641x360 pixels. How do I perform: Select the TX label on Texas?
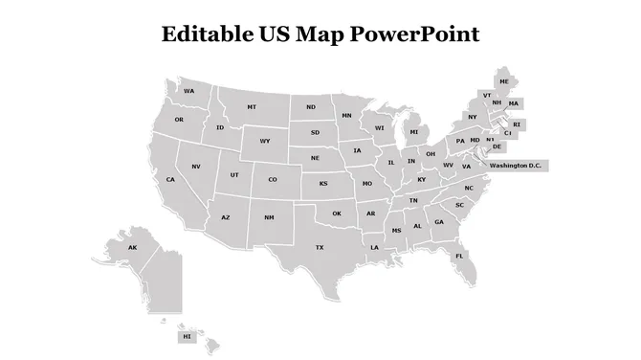pos(320,247)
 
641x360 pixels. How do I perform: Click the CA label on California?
pos(170,179)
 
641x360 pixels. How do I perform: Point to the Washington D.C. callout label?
pos(516,166)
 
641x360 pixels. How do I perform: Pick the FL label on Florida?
pos(459,256)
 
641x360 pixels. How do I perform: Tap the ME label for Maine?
pos(504,81)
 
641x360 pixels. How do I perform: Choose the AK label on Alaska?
pos(133,248)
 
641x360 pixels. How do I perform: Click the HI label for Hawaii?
pos(187,337)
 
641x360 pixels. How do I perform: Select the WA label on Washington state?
pos(189,91)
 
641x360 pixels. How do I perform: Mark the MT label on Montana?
pos(252,107)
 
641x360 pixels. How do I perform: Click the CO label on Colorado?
pos(273,179)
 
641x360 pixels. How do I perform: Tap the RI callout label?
pos(517,124)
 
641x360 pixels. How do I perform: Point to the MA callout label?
pos(514,103)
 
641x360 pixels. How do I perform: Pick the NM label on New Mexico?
pos(269,217)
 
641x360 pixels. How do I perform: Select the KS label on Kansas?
pos(323,183)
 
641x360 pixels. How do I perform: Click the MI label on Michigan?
pos(414,132)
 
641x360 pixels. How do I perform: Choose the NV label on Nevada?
pos(196,167)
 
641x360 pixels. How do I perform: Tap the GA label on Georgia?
pos(439,222)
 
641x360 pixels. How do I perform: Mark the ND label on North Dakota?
pos(311,107)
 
